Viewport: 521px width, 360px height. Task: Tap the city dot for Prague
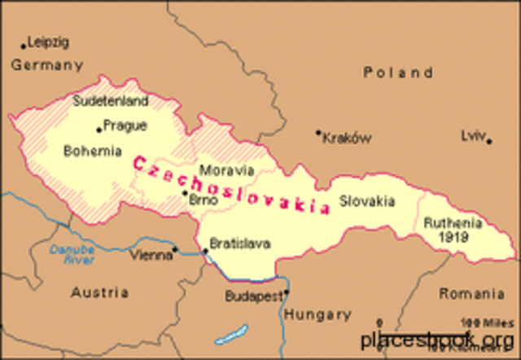(99, 128)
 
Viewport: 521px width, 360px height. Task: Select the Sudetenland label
(111, 102)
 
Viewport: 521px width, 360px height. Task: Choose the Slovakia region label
(367, 200)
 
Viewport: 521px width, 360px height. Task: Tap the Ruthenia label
(453, 222)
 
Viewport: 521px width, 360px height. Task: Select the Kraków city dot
(318, 133)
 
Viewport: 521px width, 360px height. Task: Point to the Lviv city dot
(489, 142)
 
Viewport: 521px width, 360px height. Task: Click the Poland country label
(398, 72)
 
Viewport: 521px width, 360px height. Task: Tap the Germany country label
(47, 65)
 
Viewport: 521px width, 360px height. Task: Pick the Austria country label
(99, 292)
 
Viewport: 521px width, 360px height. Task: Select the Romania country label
(471, 293)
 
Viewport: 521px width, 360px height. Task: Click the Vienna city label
(151, 255)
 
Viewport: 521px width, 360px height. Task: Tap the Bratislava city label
(240, 243)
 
